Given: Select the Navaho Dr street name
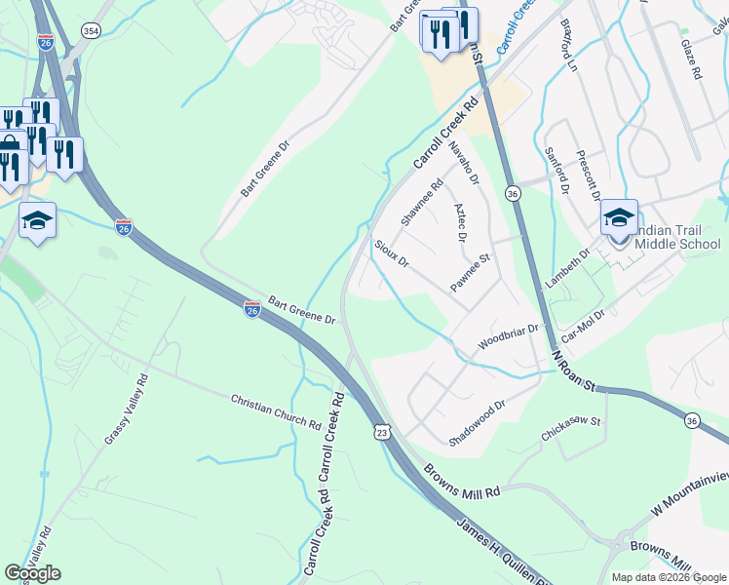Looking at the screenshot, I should (x=464, y=162).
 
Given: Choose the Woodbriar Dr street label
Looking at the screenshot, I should (x=508, y=339).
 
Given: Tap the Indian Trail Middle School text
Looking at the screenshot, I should (x=676, y=237).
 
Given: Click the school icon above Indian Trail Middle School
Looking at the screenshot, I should (x=619, y=217).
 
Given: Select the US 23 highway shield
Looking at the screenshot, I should (x=383, y=430).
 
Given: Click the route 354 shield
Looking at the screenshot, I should (x=91, y=32).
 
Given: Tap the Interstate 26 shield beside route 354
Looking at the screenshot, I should (x=46, y=42).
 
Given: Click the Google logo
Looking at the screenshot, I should (x=32, y=573).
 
